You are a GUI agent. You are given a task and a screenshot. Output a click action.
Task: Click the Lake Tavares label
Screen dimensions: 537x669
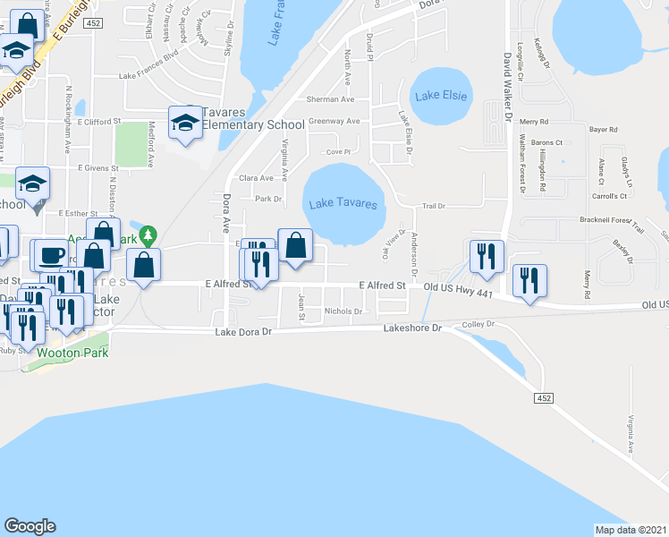[343, 204]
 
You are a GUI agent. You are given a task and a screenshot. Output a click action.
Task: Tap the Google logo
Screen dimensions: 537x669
[30, 526]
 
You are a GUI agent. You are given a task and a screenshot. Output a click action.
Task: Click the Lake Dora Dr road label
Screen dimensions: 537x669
[241, 331]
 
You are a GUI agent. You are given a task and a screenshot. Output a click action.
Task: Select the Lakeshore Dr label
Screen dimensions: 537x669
[412, 328]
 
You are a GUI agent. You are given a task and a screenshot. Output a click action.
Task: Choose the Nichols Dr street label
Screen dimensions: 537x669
[343, 311]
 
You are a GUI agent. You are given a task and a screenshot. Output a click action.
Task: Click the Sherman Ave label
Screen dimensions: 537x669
[331, 99]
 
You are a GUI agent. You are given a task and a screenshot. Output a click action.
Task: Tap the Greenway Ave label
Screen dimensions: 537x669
[334, 121]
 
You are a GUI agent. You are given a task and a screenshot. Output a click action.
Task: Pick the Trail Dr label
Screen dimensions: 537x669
[434, 206]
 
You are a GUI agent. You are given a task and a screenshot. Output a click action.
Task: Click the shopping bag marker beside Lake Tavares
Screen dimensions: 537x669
[295, 243]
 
